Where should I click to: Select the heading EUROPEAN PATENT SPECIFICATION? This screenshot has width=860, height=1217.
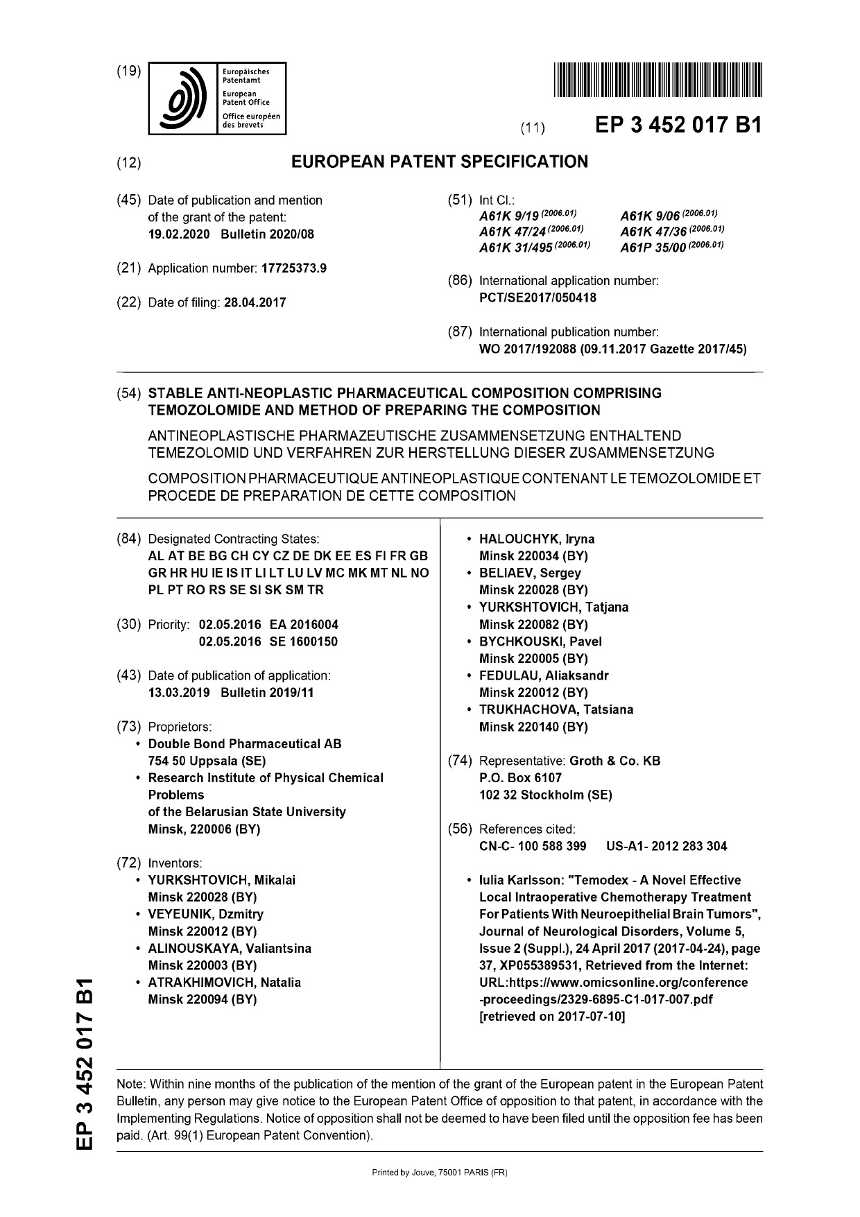point(439,162)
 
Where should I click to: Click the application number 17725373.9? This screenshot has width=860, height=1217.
point(293,268)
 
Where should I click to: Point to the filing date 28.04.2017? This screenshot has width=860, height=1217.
point(255,302)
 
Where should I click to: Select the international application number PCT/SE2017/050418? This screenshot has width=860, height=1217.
point(537,297)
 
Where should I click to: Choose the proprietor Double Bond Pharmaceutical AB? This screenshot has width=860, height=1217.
point(245,743)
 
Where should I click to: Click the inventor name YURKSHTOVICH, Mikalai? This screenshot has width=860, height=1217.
point(222,880)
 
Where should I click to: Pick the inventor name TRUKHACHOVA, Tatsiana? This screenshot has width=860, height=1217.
point(556,709)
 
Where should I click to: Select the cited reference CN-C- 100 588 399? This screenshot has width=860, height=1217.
point(533,846)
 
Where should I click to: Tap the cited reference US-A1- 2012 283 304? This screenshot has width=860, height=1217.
point(666,846)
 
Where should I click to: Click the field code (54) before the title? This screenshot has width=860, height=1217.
point(129,393)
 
